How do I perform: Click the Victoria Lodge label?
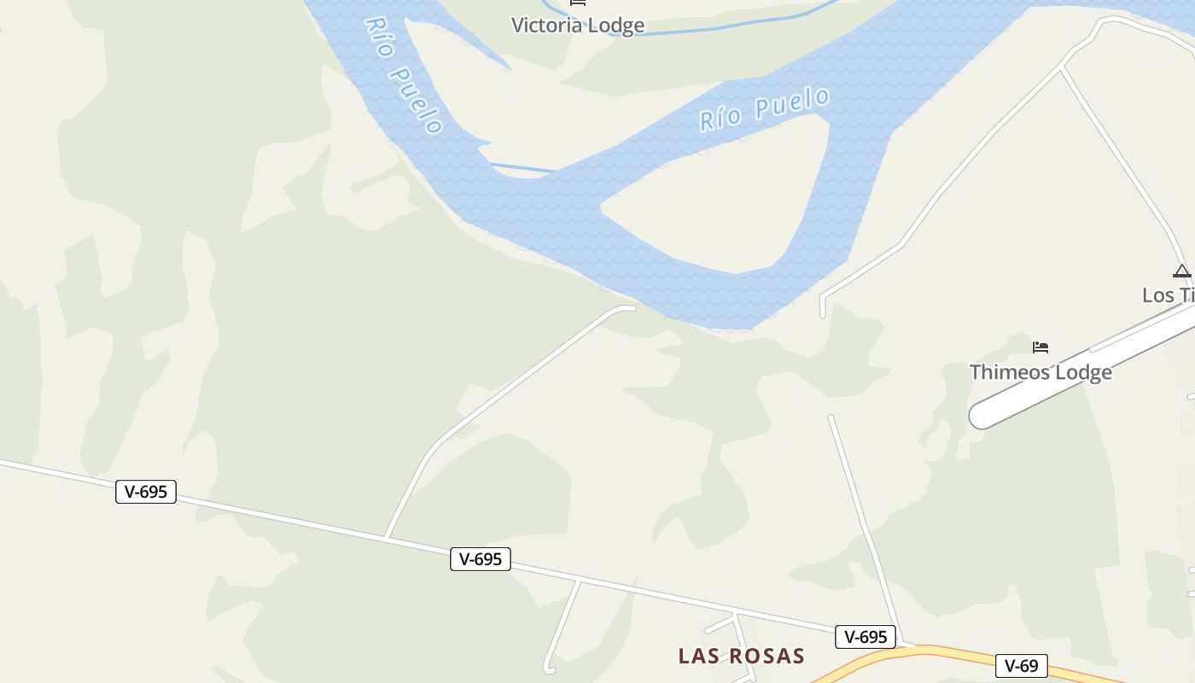coord(577,25)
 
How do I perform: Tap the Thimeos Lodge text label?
coord(1041,372)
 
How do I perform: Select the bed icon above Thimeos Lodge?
coord(1040,347)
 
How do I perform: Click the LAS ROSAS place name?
coord(741,656)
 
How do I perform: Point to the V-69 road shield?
coord(1021,666)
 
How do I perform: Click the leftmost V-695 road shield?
coord(146,492)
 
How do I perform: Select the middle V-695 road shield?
coord(481,559)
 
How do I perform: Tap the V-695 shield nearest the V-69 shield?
coord(866,637)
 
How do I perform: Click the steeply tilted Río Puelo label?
coord(404,75)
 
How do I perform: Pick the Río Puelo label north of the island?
coord(764,108)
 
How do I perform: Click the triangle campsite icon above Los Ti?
coord(1181,271)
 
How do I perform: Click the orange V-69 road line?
coord(939,653)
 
